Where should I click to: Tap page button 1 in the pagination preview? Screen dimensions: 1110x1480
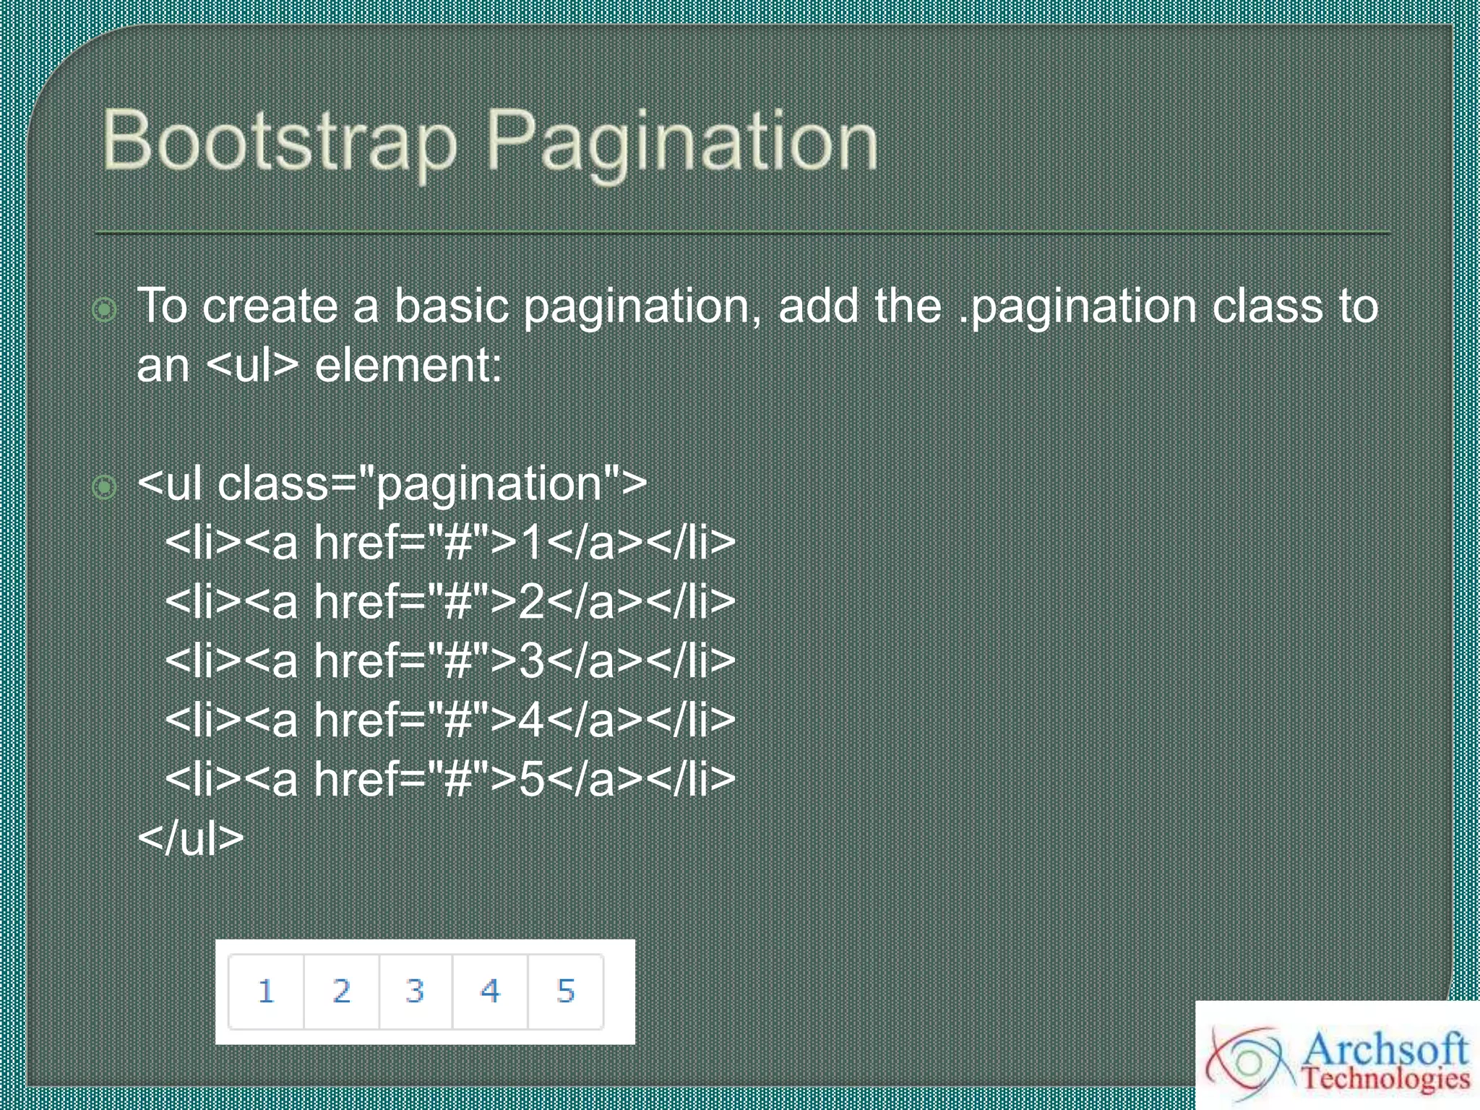point(266,991)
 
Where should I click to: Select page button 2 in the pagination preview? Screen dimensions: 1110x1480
point(342,991)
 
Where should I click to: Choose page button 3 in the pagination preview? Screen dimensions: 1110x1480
point(416,991)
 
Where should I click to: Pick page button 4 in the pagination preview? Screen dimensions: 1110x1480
point(491,991)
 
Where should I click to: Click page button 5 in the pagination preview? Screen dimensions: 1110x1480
point(566,991)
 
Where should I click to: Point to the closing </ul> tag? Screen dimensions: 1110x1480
point(191,838)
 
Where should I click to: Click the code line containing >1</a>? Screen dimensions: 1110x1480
point(449,542)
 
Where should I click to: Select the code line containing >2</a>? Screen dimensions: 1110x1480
point(449,601)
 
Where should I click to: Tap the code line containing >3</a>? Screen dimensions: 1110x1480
point(449,661)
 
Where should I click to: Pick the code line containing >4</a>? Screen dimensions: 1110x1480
point(449,720)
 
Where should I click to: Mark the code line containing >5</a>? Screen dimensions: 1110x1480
point(449,779)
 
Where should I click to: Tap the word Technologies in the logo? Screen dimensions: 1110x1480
point(1385,1078)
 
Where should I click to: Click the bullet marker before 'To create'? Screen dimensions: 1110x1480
point(105,310)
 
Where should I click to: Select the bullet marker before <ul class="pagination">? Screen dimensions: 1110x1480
point(105,487)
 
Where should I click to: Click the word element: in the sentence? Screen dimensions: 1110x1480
point(408,365)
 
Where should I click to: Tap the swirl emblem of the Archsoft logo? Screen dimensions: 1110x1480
point(1249,1062)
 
